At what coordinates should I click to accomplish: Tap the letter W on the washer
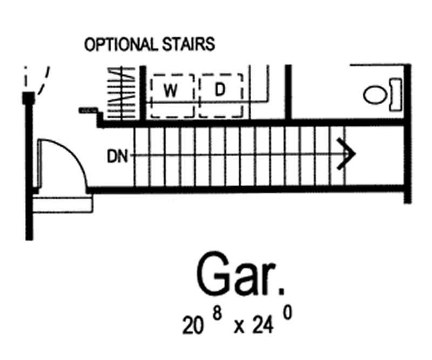pyautogui.click(x=171, y=91)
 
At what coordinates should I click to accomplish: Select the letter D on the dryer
pyautogui.click(x=220, y=91)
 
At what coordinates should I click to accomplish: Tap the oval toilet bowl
pyautogui.click(x=375, y=95)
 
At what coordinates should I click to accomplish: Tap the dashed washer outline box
pyautogui.click(x=172, y=96)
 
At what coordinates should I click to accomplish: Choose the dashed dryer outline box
pyautogui.click(x=221, y=96)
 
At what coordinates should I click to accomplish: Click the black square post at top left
pyautogui.click(x=29, y=98)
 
